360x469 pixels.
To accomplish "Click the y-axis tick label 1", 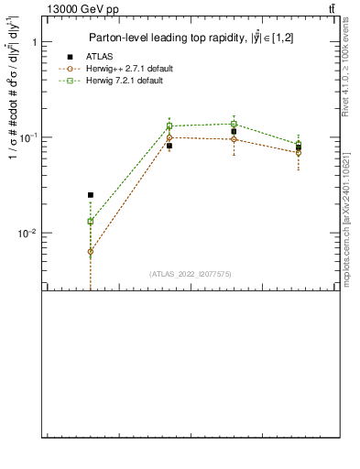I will (x=33, y=42).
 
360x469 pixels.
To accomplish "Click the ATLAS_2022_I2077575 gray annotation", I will (x=191, y=273).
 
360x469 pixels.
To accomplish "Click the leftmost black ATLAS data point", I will (x=90, y=195).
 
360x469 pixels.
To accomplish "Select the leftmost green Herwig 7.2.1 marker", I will (x=90, y=221).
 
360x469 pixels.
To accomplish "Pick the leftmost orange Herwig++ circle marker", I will (x=90, y=251).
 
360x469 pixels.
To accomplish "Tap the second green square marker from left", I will (x=169, y=125).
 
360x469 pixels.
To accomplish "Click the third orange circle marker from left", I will (x=234, y=139).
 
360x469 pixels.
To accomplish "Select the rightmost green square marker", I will (x=299, y=144).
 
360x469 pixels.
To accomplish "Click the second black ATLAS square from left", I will (x=169, y=146).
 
